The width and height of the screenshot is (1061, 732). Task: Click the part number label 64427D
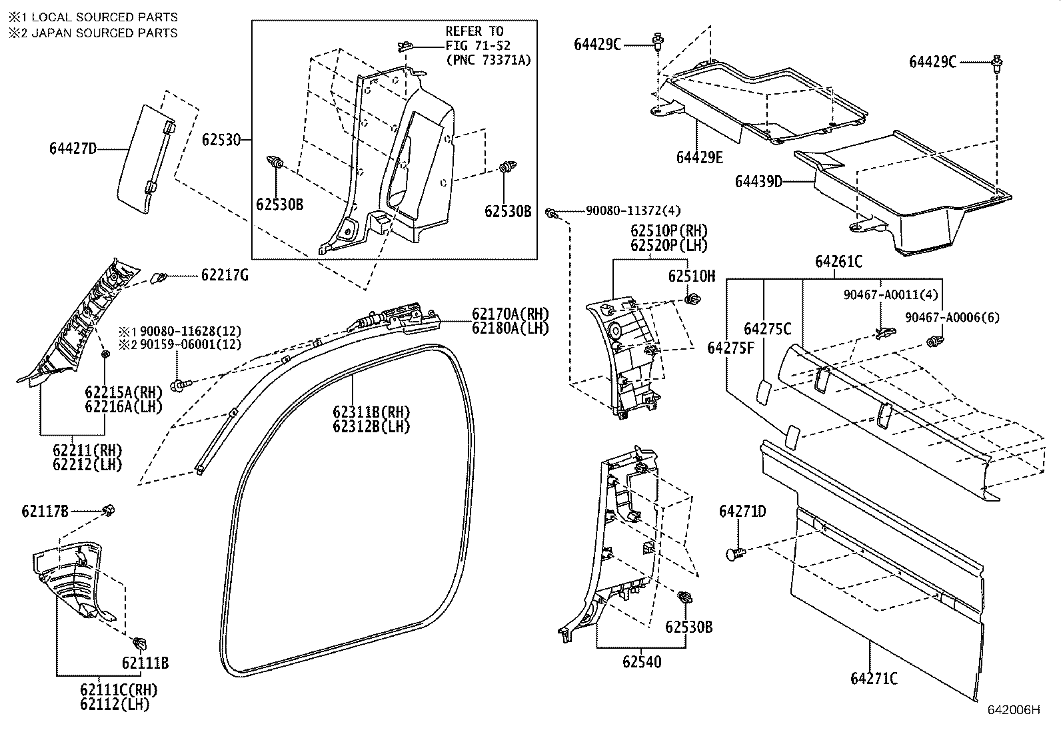point(73,149)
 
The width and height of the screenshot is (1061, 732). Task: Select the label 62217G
point(224,275)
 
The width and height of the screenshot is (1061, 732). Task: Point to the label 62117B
point(45,512)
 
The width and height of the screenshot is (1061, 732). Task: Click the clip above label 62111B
point(140,643)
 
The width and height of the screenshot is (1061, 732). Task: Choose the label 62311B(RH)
point(371,412)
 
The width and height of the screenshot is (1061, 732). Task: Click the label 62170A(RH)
point(511,313)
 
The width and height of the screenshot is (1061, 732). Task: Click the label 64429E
point(699,157)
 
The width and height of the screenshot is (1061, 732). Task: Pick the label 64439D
point(758,181)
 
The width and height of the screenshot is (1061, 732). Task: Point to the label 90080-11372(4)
point(633,210)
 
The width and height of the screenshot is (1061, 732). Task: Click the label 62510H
point(692,276)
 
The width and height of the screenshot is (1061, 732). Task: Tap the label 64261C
point(838,262)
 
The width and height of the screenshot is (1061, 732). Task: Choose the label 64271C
point(874,679)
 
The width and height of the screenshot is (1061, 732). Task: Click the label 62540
point(642,661)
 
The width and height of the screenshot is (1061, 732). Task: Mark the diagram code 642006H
point(1013,709)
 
